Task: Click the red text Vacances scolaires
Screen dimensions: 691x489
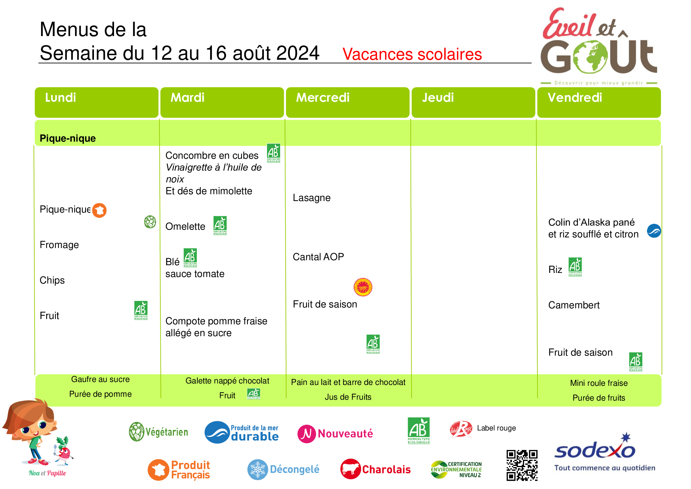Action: point(412,54)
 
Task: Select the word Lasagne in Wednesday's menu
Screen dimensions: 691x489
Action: point(311,198)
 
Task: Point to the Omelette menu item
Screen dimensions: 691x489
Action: point(186,226)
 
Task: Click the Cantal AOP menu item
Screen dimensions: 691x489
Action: point(318,257)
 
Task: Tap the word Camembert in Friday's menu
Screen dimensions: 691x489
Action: point(574,305)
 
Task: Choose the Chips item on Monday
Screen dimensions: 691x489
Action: point(52,280)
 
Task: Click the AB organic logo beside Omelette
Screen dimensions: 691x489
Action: point(220,226)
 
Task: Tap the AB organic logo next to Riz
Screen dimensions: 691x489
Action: point(575,267)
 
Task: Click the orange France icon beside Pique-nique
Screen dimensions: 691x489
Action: point(99,210)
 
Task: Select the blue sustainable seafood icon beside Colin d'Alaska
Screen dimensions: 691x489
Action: point(654,231)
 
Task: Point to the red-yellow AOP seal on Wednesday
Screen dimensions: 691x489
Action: point(363,287)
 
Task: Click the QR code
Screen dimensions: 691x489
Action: point(522,465)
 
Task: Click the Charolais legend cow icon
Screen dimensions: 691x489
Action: point(351,469)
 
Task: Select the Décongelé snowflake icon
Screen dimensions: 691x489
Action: point(258,469)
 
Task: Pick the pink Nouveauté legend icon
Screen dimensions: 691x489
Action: point(307,434)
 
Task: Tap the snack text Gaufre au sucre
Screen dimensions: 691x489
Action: point(100,379)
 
